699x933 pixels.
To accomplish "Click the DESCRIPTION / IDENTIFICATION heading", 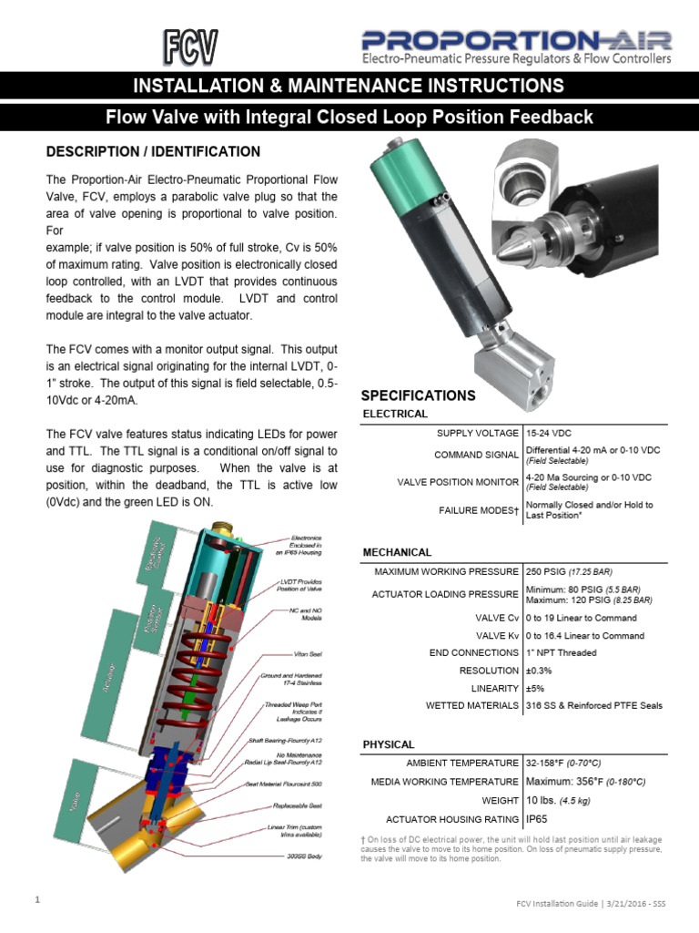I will [153, 151].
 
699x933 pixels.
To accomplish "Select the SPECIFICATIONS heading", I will [418, 395].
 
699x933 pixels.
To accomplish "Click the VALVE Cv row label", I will [497, 617].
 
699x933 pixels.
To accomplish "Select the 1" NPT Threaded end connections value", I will [562, 652].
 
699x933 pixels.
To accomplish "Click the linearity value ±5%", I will [537, 688].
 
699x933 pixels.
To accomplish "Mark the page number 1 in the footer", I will [37, 901].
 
